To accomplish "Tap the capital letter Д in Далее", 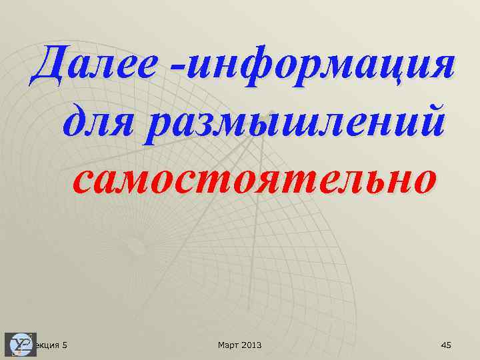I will pos(49,65).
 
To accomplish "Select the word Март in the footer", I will pos(228,345).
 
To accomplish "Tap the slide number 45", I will pos(446,345).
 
